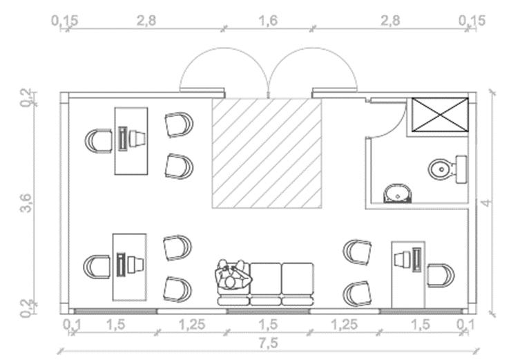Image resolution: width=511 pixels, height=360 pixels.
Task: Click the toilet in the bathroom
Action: coord(445,168)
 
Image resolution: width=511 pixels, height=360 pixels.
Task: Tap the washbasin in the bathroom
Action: coord(396,193)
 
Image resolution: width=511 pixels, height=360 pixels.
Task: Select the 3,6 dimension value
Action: coord(26,205)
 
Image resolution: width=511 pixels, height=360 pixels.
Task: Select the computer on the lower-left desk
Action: coord(129,265)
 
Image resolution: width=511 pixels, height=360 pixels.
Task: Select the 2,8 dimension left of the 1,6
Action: coord(146,21)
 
